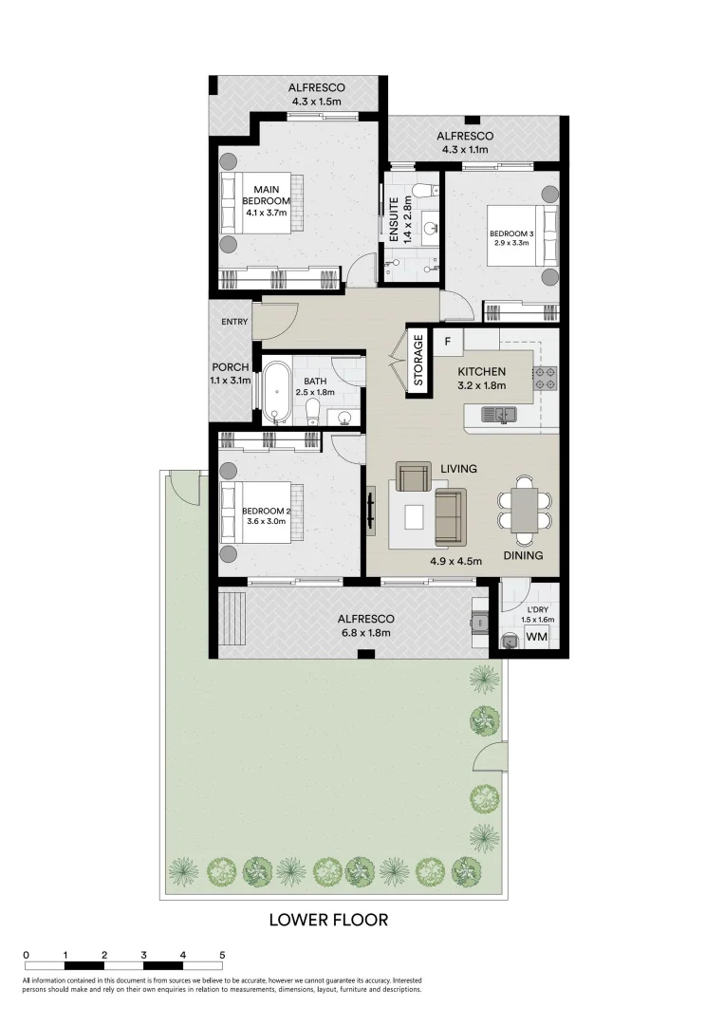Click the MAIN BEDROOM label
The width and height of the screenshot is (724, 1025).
[x=266, y=195]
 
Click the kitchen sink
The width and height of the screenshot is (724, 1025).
[x=497, y=414]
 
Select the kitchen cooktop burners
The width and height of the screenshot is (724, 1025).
[x=545, y=379]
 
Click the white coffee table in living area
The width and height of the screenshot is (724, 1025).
[x=414, y=516]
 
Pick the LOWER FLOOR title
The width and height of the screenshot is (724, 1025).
[x=328, y=920]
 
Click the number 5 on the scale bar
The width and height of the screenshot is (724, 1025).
[x=222, y=955]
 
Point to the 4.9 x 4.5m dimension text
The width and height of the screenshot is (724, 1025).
[x=456, y=561]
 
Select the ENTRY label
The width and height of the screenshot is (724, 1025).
[x=234, y=322]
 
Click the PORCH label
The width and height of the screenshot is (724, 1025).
[x=230, y=367]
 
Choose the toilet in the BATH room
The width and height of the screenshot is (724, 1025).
[x=312, y=410]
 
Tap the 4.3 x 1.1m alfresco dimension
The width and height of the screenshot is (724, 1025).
[x=465, y=149]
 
